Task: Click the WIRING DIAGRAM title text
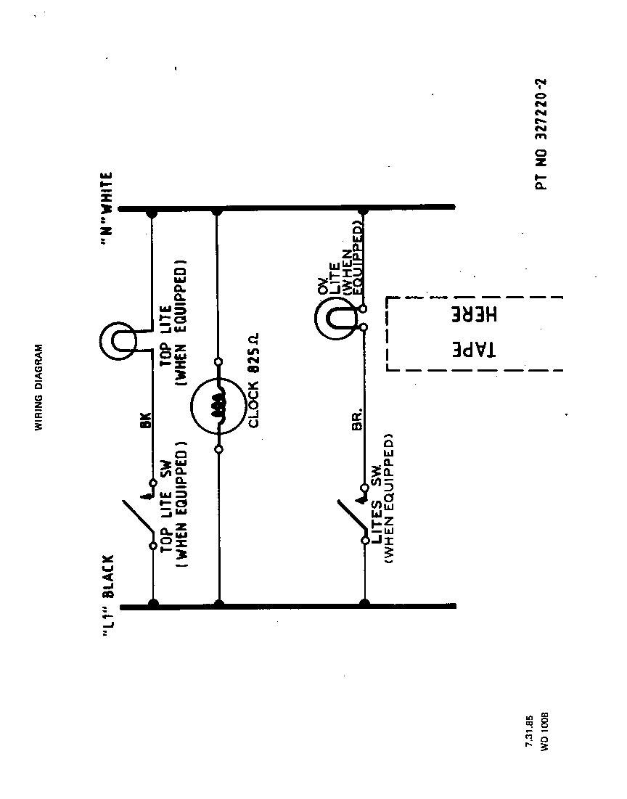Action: click(x=41, y=388)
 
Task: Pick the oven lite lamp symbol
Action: click(x=333, y=317)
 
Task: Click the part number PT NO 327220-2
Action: click(x=542, y=134)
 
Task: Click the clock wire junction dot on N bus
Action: click(x=218, y=211)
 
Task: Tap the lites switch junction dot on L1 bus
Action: click(x=364, y=603)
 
